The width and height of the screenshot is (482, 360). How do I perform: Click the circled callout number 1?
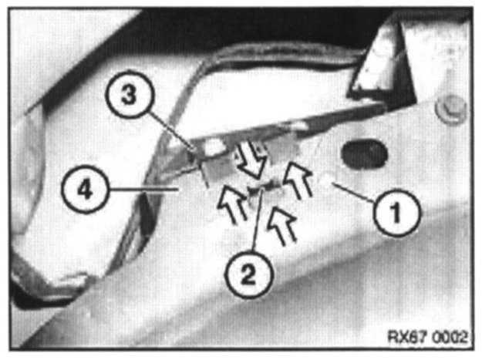tap(396, 213)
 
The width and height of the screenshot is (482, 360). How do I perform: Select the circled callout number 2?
tap(248, 274)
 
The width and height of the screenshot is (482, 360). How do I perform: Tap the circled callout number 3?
tap(129, 95)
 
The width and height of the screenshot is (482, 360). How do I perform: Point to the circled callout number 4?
tap(85, 189)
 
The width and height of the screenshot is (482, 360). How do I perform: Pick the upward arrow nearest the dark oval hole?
tap(297, 180)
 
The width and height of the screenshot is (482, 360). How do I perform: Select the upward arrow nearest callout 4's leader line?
tap(232, 203)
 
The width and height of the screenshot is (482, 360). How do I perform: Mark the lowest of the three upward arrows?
tap(282, 225)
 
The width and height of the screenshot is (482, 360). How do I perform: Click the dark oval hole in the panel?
tap(364, 154)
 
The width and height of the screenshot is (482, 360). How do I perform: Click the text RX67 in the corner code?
tap(407, 337)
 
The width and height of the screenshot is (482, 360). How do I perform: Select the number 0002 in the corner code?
tap(450, 337)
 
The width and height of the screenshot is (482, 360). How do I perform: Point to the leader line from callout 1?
tap(353, 192)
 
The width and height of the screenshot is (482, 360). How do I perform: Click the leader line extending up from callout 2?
tap(257, 220)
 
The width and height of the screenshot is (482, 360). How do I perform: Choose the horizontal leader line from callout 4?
tap(144, 190)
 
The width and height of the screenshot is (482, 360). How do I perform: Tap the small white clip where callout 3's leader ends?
tap(213, 146)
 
